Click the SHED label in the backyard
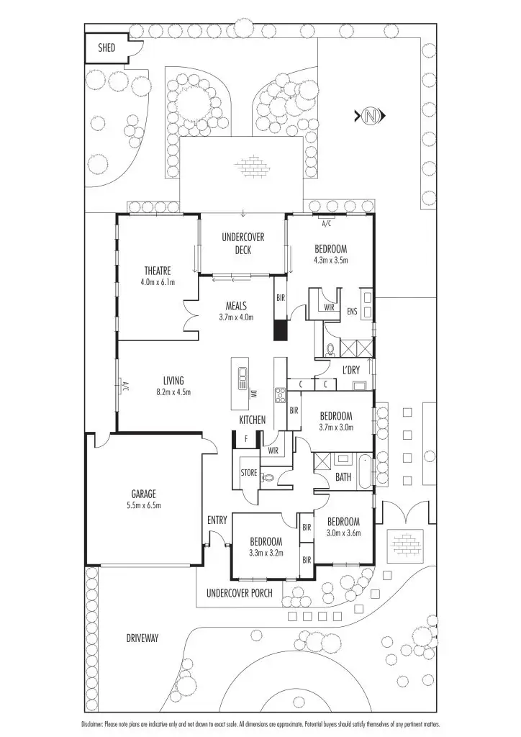(x=107, y=48)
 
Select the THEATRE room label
(x=157, y=271)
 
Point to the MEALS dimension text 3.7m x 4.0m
(x=236, y=317)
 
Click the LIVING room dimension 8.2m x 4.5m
(x=173, y=392)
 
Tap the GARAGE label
(x=144, y=494)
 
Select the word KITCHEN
(x=253, y=420)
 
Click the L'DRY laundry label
(x=351, y=370)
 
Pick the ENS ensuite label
(x=352, y=312)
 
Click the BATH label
(x=343, y=477)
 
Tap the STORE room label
(x=249, y=473)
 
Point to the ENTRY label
(x=217, y=520)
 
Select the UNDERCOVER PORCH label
(x=239, y=594)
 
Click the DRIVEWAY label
(x=142, y=638)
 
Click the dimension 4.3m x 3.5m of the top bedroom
(x=330, y=261)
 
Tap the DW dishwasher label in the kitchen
(x=254, y=394)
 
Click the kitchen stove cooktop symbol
(x=280, y=394)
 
